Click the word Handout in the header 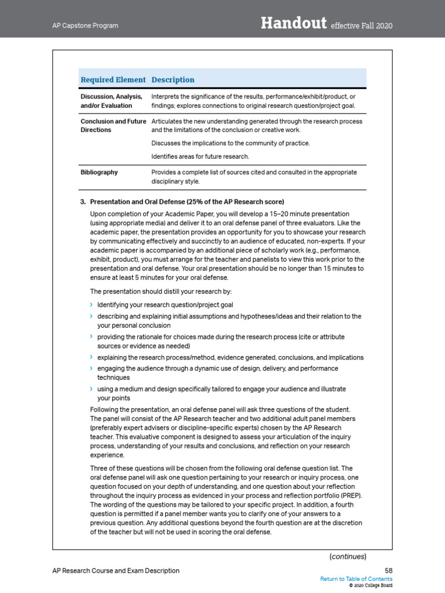tap(293, 23)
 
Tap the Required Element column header tap(113, 79)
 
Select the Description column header tap(173, 79)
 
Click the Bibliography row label tap(99, 172)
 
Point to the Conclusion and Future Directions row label tap(112, 126)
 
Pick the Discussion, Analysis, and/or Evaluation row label tap(111, 101)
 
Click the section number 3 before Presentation tap(83, 202)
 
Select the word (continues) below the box tap(348, 557)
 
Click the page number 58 tap(388, 570)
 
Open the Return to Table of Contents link tap(356, 579)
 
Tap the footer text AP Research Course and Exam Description tap(116, 570)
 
